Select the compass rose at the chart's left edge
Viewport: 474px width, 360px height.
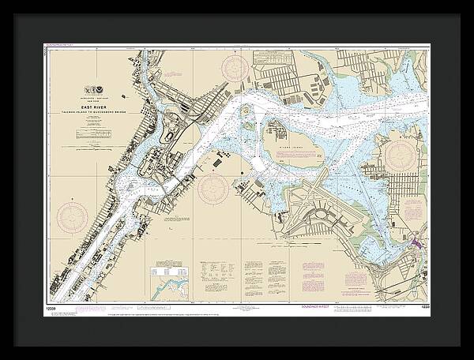75,216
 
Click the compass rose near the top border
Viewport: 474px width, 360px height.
235,69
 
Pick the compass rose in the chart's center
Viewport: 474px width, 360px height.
213,189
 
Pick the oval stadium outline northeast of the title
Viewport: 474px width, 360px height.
169,136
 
